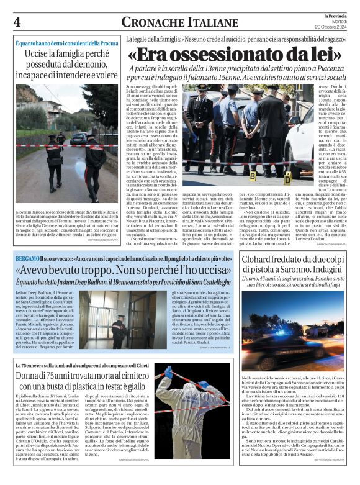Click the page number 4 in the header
point(17,22)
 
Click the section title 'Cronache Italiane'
point(179,22)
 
